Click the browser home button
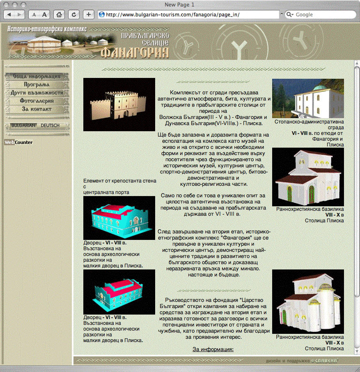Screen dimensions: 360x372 59,15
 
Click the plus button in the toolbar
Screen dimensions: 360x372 88,15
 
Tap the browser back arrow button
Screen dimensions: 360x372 9,15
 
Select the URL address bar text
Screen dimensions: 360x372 173,15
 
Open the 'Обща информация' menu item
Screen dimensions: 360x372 37,76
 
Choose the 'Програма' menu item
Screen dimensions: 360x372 37,85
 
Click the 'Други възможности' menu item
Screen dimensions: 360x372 37,93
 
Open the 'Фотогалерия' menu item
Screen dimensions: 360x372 37,101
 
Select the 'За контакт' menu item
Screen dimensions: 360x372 37,109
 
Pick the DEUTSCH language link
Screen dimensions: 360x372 50,126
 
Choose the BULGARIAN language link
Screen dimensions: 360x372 23,126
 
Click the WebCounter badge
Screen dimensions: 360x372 18,142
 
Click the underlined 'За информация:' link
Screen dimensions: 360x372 213,349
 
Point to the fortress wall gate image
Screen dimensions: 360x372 119,105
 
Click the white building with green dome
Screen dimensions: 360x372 308,98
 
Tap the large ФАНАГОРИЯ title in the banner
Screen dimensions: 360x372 135,52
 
